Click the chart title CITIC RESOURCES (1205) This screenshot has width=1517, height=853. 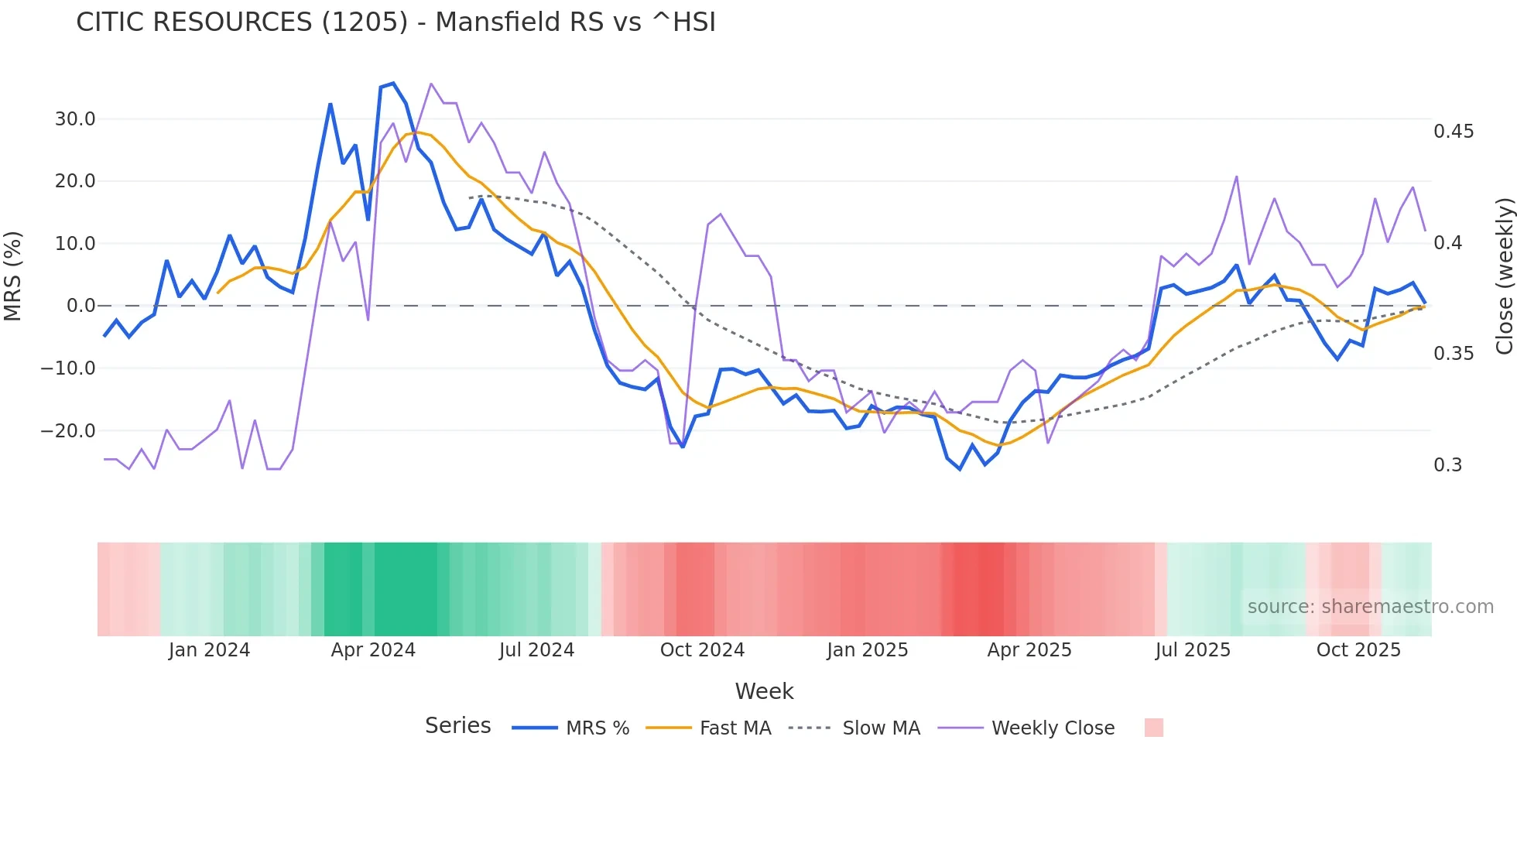click(396, 22)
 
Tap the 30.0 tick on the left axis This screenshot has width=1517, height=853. click(75, 119)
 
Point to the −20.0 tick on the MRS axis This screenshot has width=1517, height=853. click(68, 430)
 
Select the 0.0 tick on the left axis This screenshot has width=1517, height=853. click(80, 306)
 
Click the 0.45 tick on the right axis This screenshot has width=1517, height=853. click(1454, 132)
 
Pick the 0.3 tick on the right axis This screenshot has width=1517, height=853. click(1447, 465)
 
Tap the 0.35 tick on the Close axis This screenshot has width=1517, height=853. click(1454, 354)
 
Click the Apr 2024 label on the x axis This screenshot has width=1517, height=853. click(373, 650)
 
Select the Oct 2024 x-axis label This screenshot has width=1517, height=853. click(702, 650)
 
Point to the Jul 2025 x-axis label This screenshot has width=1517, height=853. click(1193, 650)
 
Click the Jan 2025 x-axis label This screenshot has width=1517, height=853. click(867, 650)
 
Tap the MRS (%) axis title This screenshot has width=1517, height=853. click(13, 276)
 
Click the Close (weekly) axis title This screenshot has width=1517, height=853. click(1504, 276)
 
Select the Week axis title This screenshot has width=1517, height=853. click(764, 691)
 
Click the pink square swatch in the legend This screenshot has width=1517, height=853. click(1153, 728)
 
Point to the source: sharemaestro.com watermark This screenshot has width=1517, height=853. click(1370, 607)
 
